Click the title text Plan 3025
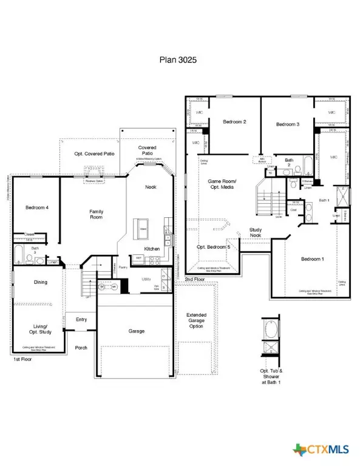[180, 60]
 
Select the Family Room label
[97, 215]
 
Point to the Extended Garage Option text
[197, 320]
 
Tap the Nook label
[150, 187]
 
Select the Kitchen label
[152, 249]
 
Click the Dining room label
[40, 282]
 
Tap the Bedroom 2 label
[234, 122]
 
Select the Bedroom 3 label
[288, 124]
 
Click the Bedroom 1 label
[313, 259]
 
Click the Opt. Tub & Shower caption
[267, 376]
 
